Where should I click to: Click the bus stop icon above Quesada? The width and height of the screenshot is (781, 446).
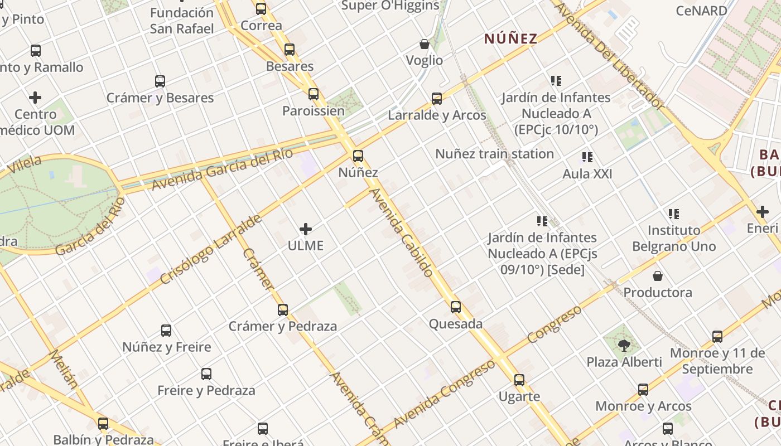pos(456,307)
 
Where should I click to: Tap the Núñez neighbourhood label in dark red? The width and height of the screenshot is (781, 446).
pos(510,38)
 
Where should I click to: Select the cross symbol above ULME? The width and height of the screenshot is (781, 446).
pos(306,229)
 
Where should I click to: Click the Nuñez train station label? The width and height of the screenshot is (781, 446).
pos(494,154)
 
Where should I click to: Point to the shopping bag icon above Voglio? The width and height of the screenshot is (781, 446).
pos(425,44)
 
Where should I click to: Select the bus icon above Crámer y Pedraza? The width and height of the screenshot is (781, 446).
pos(283,309)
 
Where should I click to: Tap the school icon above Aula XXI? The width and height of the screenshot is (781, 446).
pos(587,157)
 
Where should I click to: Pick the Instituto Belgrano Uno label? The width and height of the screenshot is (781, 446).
pos(674,238)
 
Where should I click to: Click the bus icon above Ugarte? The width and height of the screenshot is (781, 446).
pos(519,380)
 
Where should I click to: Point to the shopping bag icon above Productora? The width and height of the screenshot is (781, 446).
pos(658,276)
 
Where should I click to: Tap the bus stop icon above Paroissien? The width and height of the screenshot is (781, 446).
pos(314,94)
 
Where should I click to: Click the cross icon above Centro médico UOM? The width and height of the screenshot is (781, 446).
pos(35,98)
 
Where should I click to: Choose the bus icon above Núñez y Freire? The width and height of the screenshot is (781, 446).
pos(166,330)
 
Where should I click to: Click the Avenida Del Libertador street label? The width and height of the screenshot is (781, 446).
pos(610,56)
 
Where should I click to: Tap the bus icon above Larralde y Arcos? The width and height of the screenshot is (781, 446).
pos(437,99)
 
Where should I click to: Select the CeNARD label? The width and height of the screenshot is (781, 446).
pos(701,11)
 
